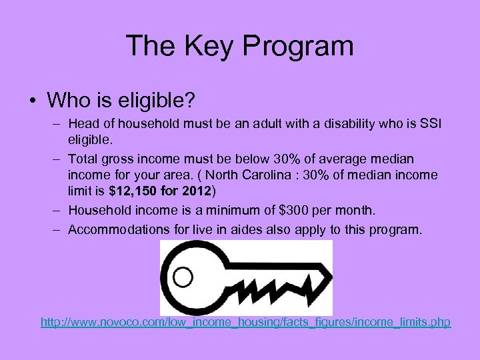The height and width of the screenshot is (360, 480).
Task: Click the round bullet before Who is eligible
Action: [x=32, y=101]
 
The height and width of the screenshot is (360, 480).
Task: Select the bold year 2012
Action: [x=193, y=192]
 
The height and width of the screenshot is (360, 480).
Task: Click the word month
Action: [x=357, y=211]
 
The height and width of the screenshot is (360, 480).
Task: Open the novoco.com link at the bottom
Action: [x=245, y=323]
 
